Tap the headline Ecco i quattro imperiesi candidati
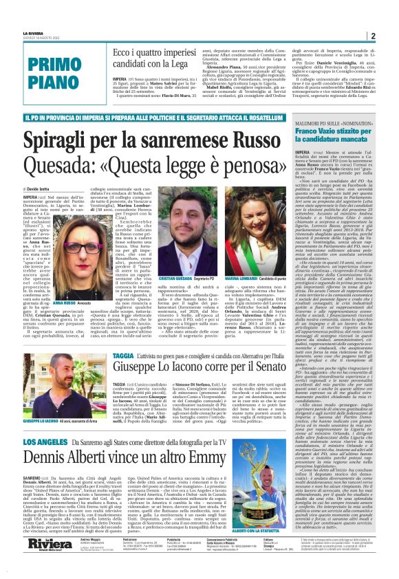(149, 60)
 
